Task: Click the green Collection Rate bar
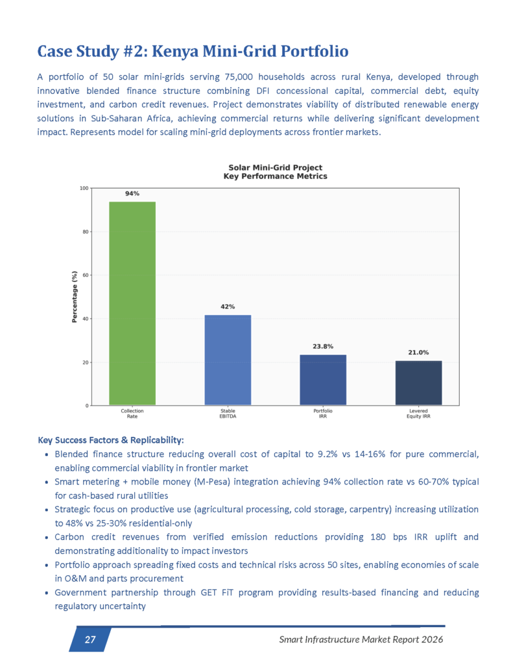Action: click(132, 303)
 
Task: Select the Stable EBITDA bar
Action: click(228, 360)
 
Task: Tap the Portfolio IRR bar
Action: click(322, 380)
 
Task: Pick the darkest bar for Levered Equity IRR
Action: click(418, 383)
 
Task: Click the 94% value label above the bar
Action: click(132, 193)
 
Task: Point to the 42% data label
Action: click(228, 306)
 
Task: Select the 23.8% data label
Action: click(322, 346)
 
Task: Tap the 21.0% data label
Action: click(418, 352)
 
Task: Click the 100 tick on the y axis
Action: click(84, 188)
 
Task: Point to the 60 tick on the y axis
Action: click(85, 275)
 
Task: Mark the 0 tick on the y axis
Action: click(87, 406)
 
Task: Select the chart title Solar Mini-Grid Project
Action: click(275, 167)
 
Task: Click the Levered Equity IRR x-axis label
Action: click(418, 414)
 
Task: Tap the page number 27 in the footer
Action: click(90, 640)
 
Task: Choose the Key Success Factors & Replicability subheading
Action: click(111, 440)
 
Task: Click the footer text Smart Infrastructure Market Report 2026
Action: click(361, 640)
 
